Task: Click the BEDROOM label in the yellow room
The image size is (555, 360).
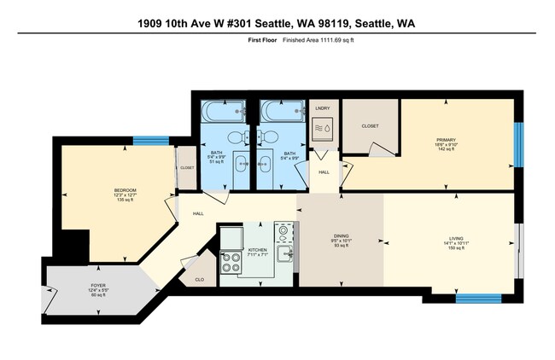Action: pyautogui.click(x=126, y=189)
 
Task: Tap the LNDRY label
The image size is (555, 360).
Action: pyautogui.click(x=322, y=108)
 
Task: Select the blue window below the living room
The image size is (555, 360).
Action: pyautogui.click(x=477, y=299)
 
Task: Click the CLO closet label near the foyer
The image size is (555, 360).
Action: pyautogui.click(x=199, y=280)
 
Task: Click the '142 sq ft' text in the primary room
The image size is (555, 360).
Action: pyautogui.click(x=447, y=150)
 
